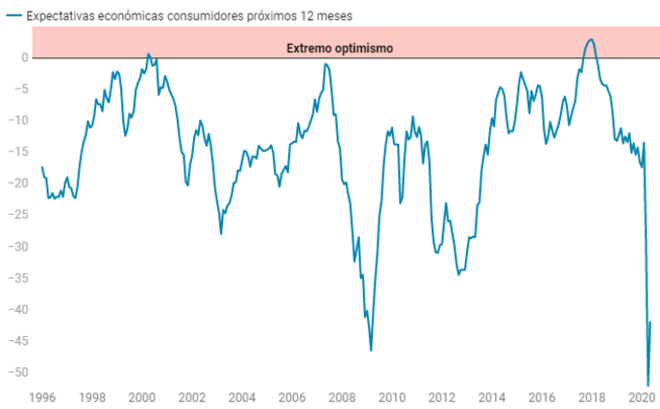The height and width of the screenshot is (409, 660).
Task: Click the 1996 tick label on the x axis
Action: click(x=42, y=397)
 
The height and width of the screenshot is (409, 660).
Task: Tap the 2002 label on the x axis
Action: click(x=192, y=397)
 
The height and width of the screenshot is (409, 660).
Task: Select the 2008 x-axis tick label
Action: click(x=342, y=397)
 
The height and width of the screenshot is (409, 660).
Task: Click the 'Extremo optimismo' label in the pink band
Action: click(x=340, y=48)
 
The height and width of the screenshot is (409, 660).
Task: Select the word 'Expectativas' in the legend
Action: click(x=59, y=17)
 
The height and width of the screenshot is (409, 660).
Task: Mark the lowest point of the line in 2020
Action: click(x=647, y=386)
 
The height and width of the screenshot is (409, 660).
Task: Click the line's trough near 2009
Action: click(x=371, y=350)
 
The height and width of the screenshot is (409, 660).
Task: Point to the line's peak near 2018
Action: click(x=591, y=40)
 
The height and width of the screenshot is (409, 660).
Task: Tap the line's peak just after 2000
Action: click(x=148, y=54)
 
